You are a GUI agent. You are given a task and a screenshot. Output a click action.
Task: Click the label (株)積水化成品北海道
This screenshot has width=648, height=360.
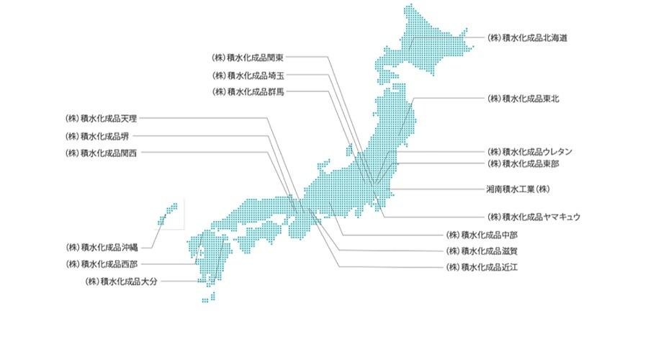(527, 37)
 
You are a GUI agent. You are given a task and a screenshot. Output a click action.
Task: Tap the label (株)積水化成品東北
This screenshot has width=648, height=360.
(523, 98)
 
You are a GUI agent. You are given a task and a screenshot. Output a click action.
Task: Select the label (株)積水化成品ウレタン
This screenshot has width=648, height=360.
(531, 152)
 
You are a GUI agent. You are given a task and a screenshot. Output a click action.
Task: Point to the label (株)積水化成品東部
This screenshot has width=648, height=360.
(523, 164)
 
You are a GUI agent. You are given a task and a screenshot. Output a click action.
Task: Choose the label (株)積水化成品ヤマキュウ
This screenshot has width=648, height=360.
(534, 216)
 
